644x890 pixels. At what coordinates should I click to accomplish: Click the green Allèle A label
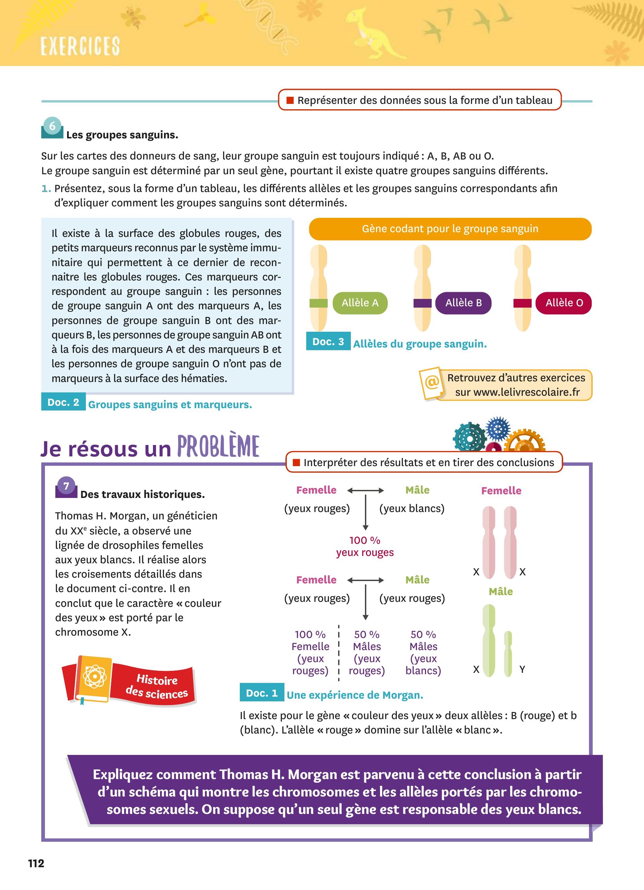point(360,303)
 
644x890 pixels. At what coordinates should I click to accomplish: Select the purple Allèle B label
point(463,303)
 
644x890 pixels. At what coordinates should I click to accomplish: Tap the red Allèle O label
point(564,303)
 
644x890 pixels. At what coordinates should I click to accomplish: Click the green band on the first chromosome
point(318,303)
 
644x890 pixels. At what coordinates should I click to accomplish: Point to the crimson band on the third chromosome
point(522,303)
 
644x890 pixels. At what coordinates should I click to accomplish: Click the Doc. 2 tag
point(63,402)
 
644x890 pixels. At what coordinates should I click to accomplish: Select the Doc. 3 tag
point(328,342)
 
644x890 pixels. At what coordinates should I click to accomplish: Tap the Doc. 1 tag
point(262,693)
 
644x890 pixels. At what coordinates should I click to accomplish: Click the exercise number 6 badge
point(52,127)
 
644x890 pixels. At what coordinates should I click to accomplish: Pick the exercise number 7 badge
point(66,487)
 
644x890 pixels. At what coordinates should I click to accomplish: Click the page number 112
point(36,863)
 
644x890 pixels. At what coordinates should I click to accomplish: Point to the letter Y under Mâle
point(522,670)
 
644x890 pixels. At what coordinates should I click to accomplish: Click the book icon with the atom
point(94,678)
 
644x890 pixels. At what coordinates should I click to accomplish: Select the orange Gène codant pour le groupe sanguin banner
point(450,229)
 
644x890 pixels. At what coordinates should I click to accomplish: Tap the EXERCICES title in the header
point(80,46)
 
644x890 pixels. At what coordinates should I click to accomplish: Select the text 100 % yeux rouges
point(365,546)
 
